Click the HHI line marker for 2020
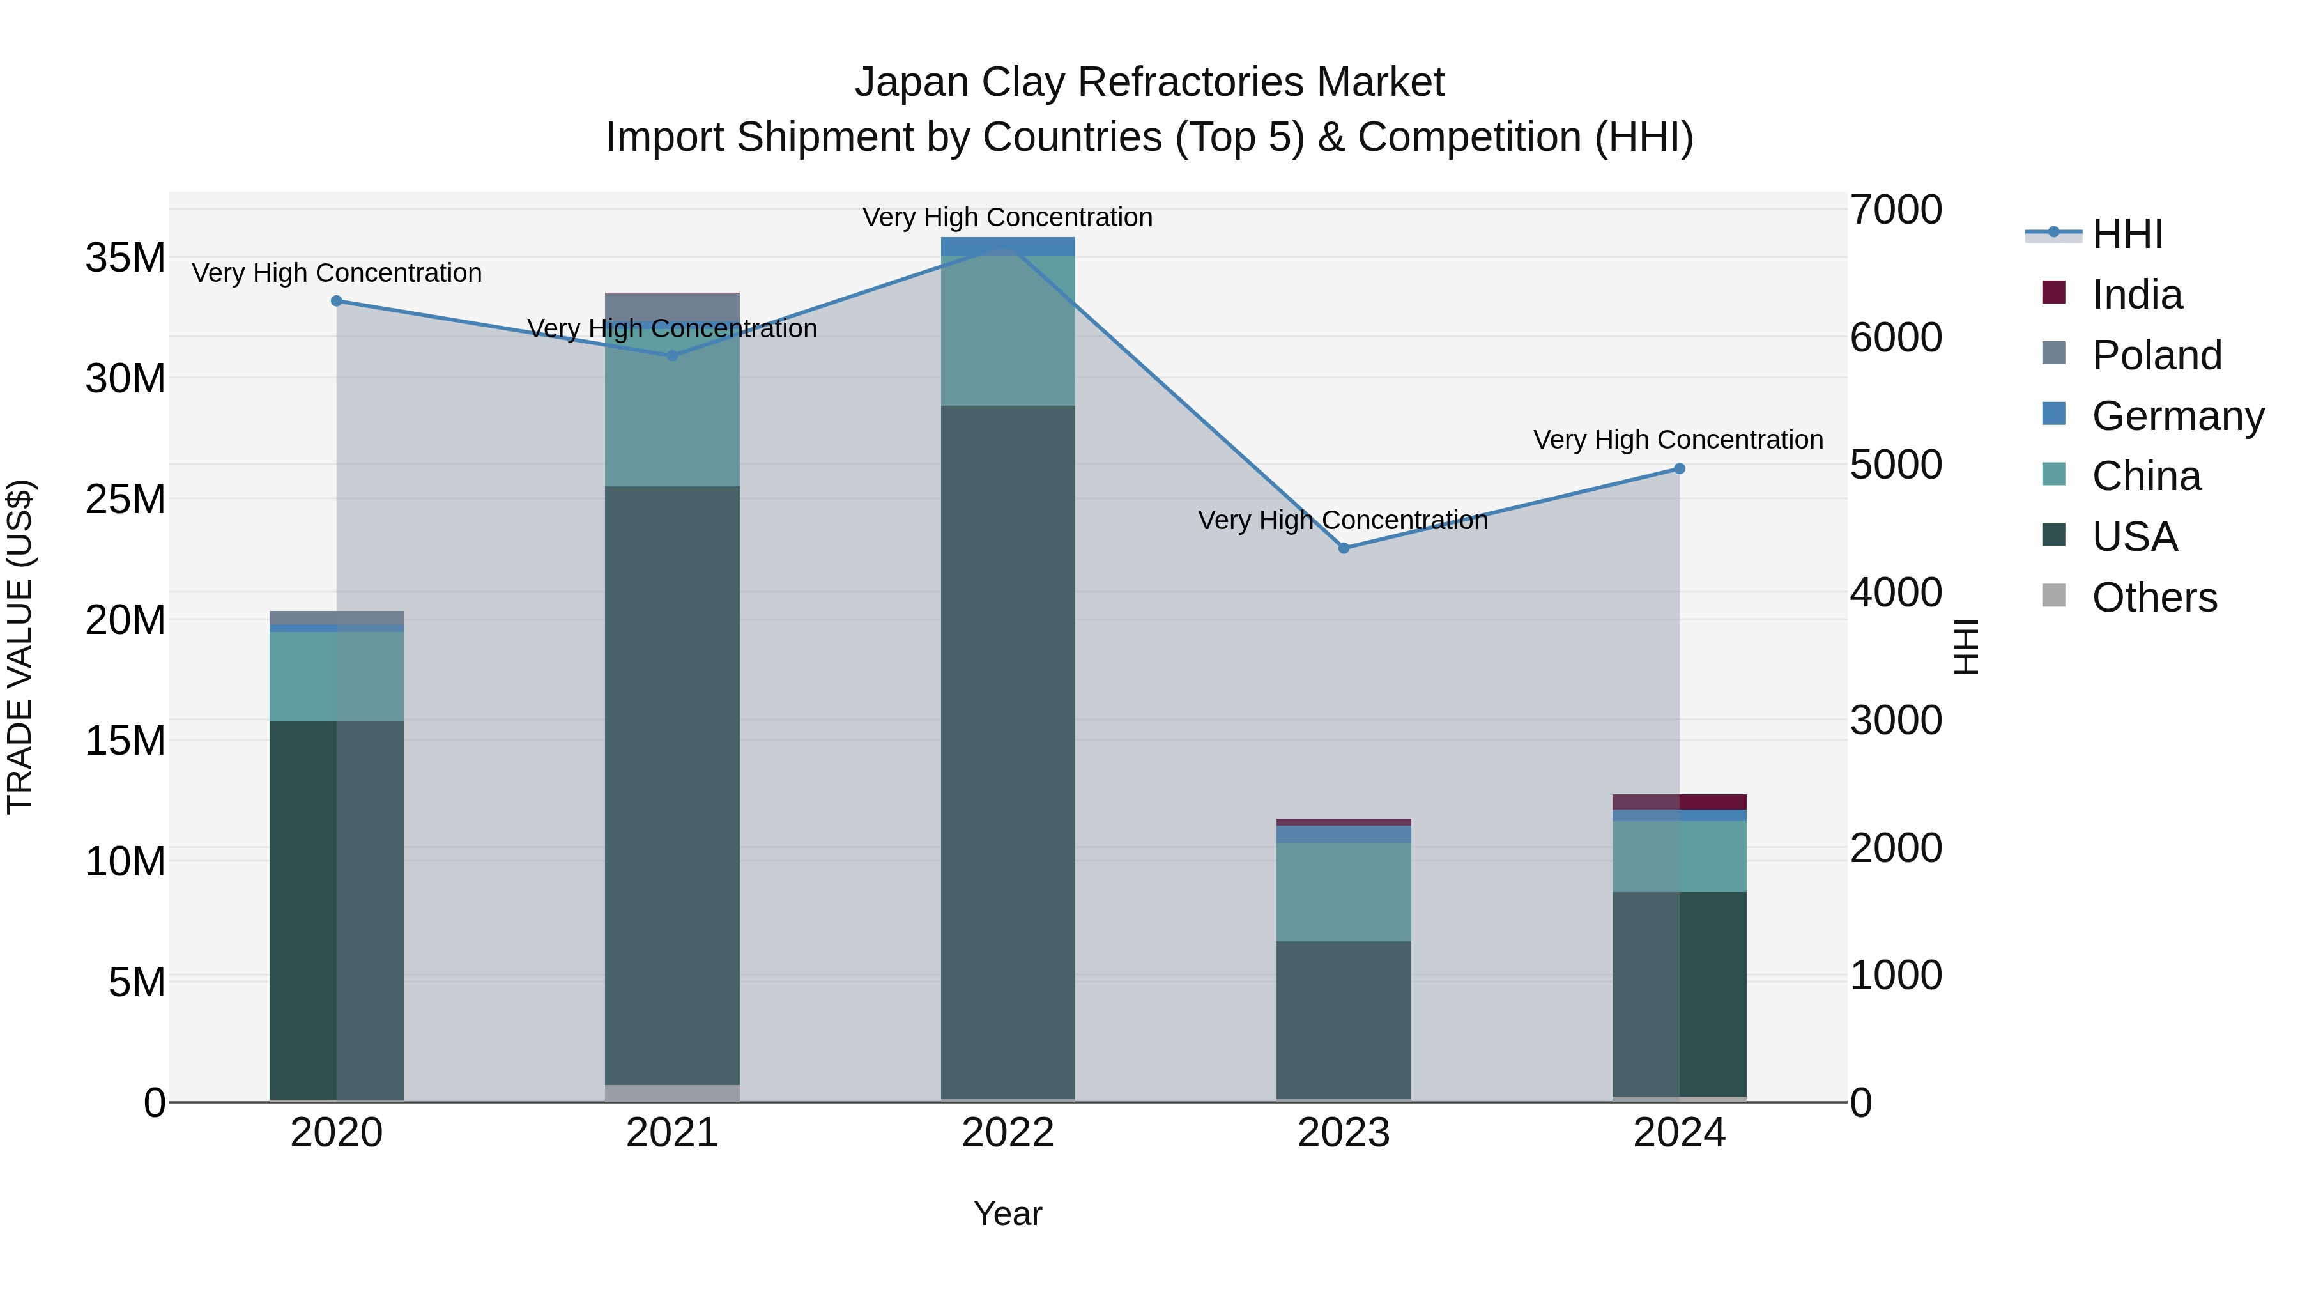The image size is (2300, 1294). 337,301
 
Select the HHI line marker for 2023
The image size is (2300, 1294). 1344,548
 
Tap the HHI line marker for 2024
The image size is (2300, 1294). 1680,469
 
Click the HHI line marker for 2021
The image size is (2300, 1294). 672,355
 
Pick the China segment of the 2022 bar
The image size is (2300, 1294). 1008,330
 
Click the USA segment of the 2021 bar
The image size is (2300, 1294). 672,786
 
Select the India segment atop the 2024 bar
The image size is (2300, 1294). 1680,802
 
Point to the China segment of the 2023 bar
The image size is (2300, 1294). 1344,891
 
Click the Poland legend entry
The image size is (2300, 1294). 2156,355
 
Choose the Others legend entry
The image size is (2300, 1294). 2154,597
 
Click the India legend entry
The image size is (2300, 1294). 2136,295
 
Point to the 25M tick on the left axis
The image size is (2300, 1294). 125,499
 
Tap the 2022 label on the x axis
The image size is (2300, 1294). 1008,1133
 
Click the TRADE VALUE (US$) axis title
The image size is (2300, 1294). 20,647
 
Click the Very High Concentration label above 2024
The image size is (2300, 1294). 1678,440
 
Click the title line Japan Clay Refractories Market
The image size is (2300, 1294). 1149,82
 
